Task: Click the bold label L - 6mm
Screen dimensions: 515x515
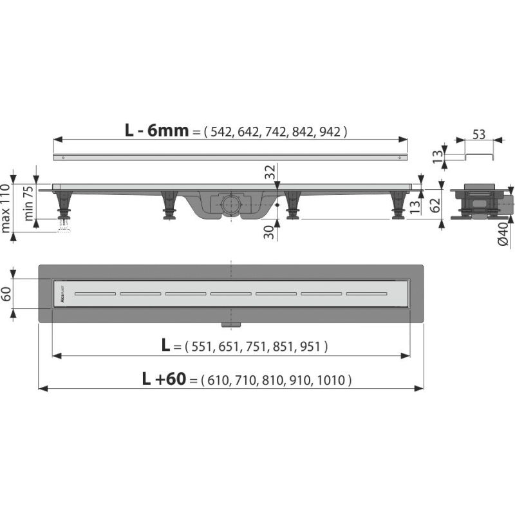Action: [157, 131]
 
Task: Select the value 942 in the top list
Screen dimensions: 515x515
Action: [330, 131]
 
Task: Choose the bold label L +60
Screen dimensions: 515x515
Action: [165, 380]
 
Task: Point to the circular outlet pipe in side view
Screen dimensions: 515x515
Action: [229, 205]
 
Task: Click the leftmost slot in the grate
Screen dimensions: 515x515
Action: [94, 294]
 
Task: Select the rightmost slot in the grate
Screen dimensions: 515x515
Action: [367, 294]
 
